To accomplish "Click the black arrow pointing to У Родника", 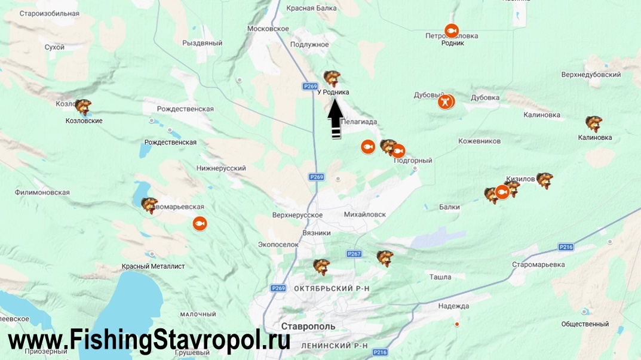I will click(x=336, y=118).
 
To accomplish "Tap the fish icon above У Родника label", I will click(x=332, y=78).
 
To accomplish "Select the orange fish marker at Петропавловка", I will click(x=452, y=30).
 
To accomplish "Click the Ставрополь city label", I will click(x=309, y=327).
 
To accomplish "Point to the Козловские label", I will click(x=84, y=121).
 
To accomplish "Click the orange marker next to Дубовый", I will click(x=446, y=101).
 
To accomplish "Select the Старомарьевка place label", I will click(x=538, y=264).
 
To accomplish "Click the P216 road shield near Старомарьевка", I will click(x=566, y=247).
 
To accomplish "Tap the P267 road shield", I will click(x=354, y=254).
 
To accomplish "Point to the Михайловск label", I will click(x=365, y=214).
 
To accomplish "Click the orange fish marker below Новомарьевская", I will click(x=200, y=223).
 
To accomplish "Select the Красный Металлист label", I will click(x=153, y=266).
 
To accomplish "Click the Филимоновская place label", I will click(x=42, y=192).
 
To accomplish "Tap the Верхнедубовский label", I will click(x=591, y=75).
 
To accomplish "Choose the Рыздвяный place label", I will click(x=202, y=43).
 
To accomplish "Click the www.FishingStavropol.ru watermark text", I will click(x=149, y=340).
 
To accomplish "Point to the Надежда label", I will click(x=453, y=306).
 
